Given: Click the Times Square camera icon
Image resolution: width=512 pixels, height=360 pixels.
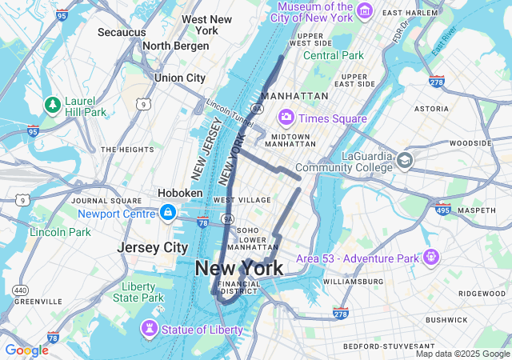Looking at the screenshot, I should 286,118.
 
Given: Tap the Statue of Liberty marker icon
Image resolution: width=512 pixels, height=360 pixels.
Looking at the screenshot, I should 148,329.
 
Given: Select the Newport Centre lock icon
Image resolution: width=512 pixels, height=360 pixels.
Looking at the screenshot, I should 168,213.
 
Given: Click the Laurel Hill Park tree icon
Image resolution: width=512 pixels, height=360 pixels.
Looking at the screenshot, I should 52,105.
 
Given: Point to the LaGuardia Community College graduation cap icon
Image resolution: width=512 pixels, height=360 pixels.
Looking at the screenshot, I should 404,160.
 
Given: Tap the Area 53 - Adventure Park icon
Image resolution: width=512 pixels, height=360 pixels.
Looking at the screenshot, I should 431,258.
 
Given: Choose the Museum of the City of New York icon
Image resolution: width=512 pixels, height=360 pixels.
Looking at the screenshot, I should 364,10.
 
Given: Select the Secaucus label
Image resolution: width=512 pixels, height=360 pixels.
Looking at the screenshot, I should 122,32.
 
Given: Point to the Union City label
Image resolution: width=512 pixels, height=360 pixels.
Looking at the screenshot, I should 180,78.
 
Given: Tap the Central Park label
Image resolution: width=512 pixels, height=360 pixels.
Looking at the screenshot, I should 333,55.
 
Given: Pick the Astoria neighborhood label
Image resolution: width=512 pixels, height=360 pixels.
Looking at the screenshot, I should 431,108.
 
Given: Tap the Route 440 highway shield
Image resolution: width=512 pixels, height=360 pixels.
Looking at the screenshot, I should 20,290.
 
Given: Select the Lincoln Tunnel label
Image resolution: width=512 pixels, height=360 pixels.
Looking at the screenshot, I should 230,111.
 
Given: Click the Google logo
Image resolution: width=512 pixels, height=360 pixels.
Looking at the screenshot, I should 26,350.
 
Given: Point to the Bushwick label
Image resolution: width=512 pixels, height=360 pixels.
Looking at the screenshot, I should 446,319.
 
